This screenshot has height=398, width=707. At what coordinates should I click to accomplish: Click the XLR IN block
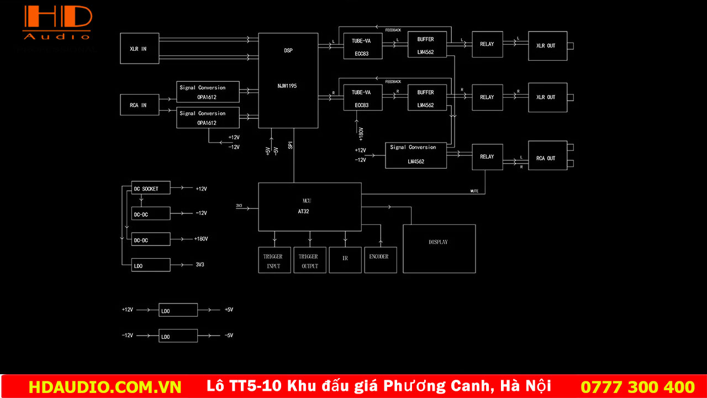140,48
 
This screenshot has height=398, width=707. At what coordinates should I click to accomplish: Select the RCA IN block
140,105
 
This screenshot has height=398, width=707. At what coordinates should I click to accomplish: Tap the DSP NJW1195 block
288,80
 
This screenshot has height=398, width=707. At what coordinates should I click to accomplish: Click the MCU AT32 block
309,207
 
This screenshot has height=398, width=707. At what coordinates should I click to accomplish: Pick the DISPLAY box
439,248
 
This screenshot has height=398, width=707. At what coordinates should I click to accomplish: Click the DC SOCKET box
151,188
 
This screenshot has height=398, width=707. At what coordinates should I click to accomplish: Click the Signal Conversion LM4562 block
415,155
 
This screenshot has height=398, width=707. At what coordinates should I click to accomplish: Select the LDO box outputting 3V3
151,265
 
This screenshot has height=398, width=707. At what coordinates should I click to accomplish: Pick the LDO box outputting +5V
178,310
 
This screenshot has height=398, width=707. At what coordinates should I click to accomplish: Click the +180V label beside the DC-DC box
201,239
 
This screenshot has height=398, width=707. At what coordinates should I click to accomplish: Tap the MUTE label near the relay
474,191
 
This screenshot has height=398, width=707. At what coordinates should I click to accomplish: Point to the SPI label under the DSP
290,145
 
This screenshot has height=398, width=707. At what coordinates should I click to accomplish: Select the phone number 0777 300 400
637,386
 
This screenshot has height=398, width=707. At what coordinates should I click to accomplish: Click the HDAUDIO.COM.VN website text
105,386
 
